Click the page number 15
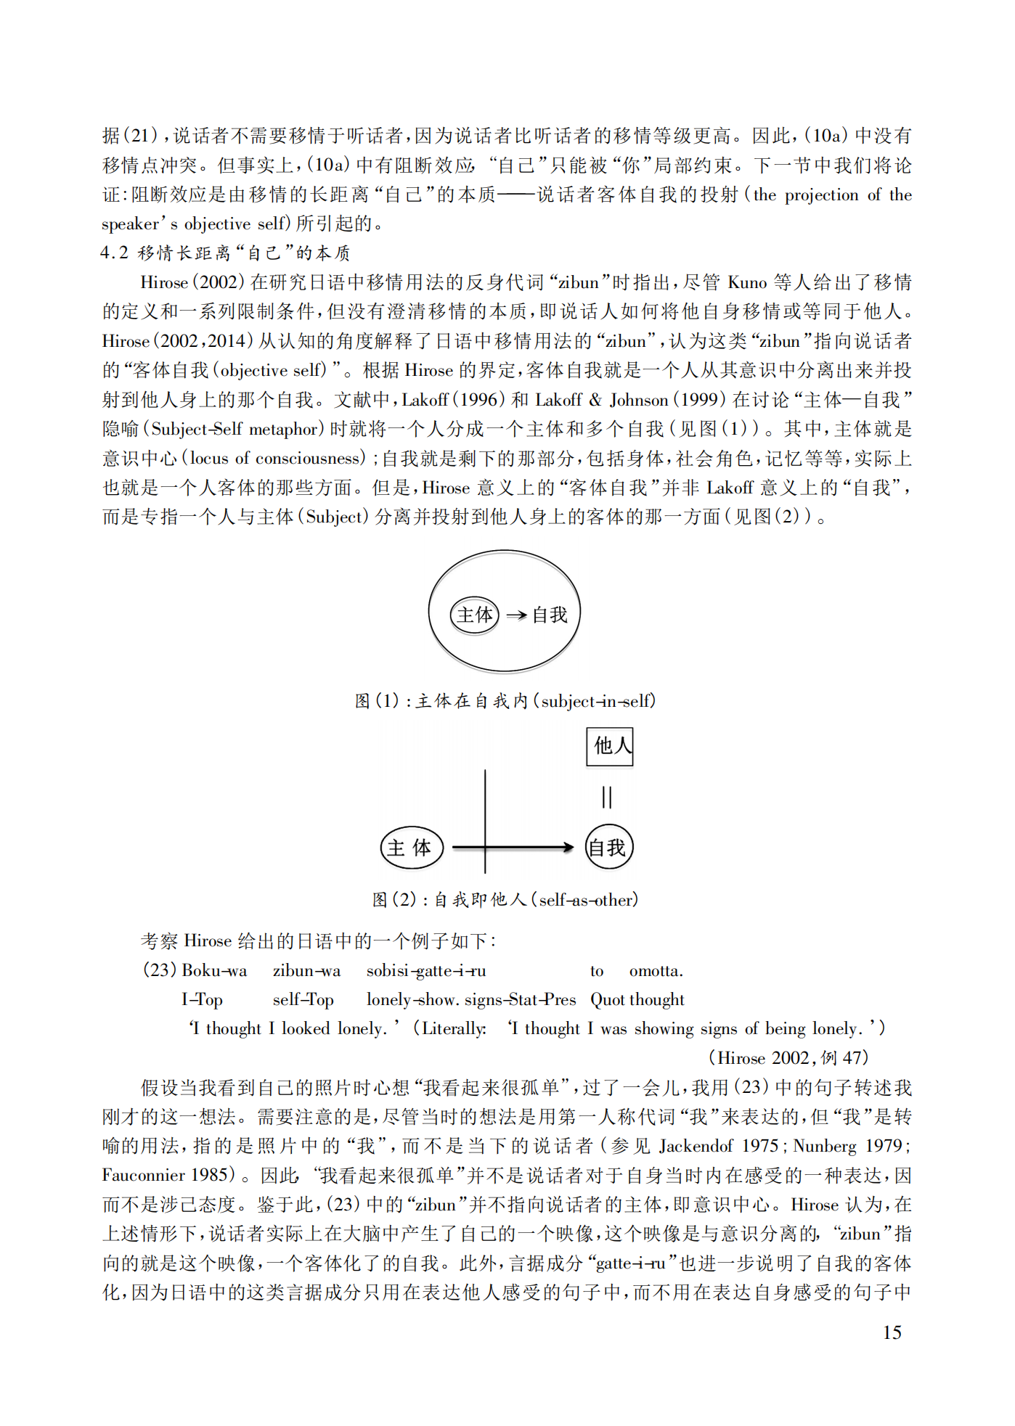click(x=892, y=1332)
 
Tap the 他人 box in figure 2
click(x=610, y=746)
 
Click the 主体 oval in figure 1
click(x=474, y=615)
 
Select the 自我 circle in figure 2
click(x=608, y=847)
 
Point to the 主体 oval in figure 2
click(x=412, y=848)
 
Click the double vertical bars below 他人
click(x=607, y=797)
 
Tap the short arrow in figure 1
click(x=516, y=615)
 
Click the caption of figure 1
click(x=505, y=701)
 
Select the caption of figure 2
click(x=505, y=900)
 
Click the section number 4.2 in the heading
click(x=115, y=253)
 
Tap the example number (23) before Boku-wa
click(x=160, y=970)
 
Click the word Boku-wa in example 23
click(x=214, y=970)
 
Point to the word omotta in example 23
click(x=655, y=971)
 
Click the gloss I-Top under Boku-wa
click(x=202, y=1000)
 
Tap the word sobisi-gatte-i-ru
click(x=426, y=971)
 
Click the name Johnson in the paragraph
click(x=638, y=400)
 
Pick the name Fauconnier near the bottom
click(x=144, y=1175)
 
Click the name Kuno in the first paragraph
click(x=747, y=282)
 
